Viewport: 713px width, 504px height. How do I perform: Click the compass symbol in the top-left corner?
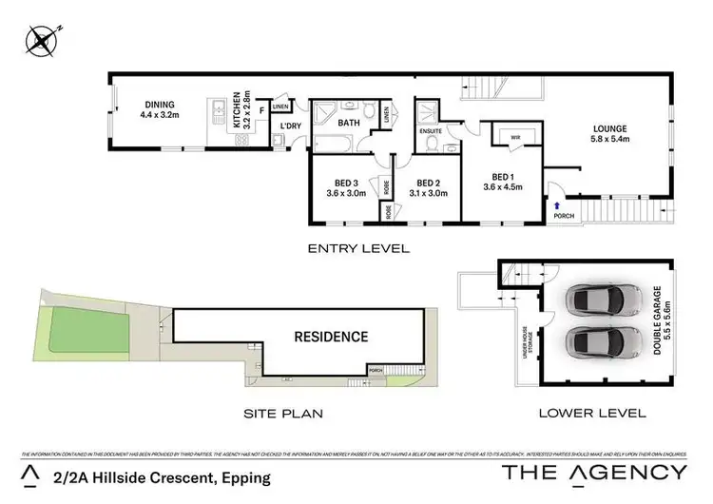click(42, 40)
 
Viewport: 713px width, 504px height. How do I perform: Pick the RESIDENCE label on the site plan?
click(330, 337)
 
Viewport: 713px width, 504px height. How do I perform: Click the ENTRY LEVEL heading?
click(357, 248)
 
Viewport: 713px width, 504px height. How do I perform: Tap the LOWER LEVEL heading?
click(591, 414)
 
